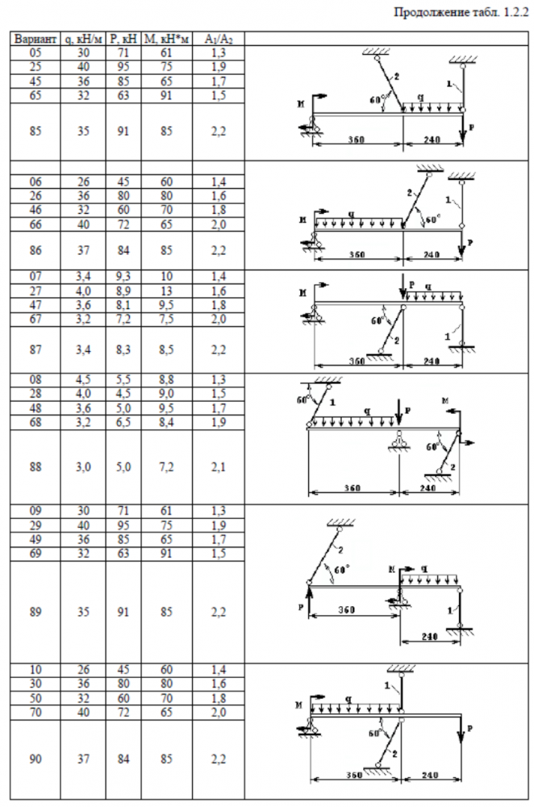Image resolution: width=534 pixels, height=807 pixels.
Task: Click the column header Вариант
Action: (x=35, y=38)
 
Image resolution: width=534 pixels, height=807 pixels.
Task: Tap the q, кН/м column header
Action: (x=84, y=38)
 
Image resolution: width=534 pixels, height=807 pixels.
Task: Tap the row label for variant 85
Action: (x=35, y=132)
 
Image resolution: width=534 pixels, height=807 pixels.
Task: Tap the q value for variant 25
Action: (x=84, y=66)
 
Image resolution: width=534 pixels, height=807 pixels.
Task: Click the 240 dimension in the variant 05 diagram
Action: (x=432, y=140)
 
